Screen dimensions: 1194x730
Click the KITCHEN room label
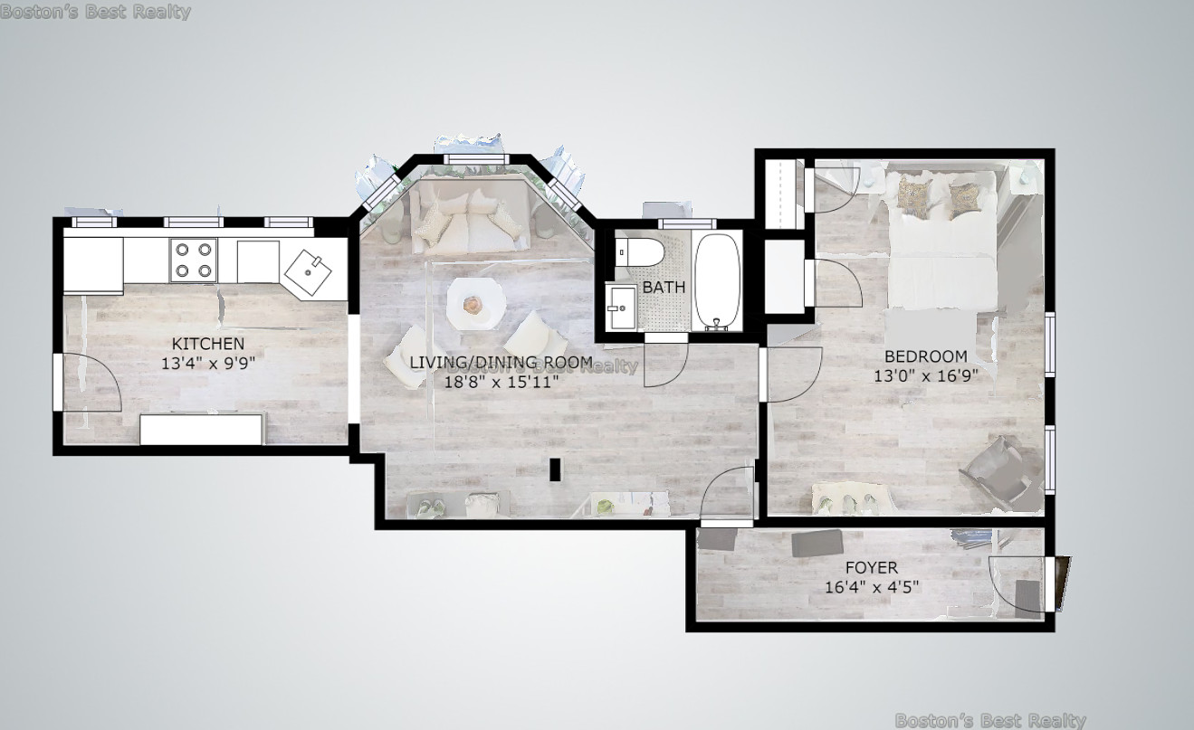pyautogui.click(x=208, y=344)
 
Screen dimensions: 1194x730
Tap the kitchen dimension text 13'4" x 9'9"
pyautogui.click(x=208, y=364)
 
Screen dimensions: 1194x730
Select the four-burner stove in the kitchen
pyautogui.click(x=194, y=260)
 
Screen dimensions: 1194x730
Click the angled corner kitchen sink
pyautogui.click(x=308, y=272)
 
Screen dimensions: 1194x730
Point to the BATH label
pyautogui.click(x=664, y=287)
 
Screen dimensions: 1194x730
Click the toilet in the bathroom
pyautogui.click(x=639, y=252)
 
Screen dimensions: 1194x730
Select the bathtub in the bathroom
pyautogui.click(x=718, y=281)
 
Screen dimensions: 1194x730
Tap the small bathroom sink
pyautogui.click(x=622, y=308)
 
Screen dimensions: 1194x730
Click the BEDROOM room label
pyautogui.click(x=926, y=356)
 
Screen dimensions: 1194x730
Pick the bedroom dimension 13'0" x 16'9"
pyautogui.click(x=926, y=376)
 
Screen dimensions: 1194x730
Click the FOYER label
pyautogui.click(x=872, y=567)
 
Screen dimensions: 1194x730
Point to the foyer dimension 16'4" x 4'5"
pyautogui.click(x=872, y=587)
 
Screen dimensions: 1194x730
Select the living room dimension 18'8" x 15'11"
pyautogui.click(x=501, y=382)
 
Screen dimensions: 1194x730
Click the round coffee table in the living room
pyautogui.click(x=475, y=304)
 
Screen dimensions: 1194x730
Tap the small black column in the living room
pyautogui.click(x=555, y=469)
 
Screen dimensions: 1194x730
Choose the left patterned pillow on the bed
pyautogui.click(x=914, y=196)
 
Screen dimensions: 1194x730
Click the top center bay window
pyautogui.click(x=474, y=159)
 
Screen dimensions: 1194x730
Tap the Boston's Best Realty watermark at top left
pyautogui.click(x=95, y=12)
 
